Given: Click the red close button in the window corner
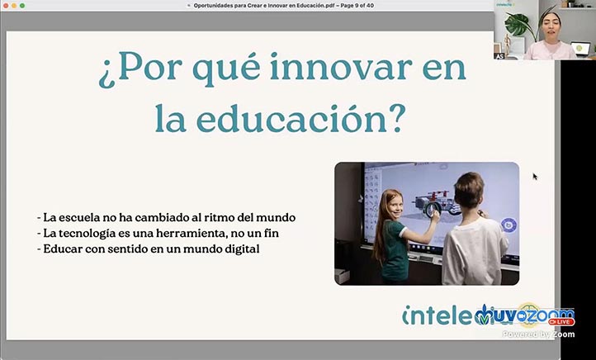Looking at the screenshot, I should (6, 5).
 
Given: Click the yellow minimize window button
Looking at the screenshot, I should (14, 5).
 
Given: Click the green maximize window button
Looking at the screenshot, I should (22, 5).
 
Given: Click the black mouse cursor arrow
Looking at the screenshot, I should (535, 176).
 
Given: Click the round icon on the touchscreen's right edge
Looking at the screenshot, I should (508, 224).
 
